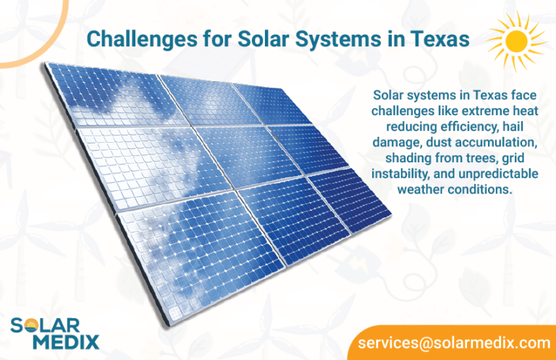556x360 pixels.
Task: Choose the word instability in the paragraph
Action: (398, 175)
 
